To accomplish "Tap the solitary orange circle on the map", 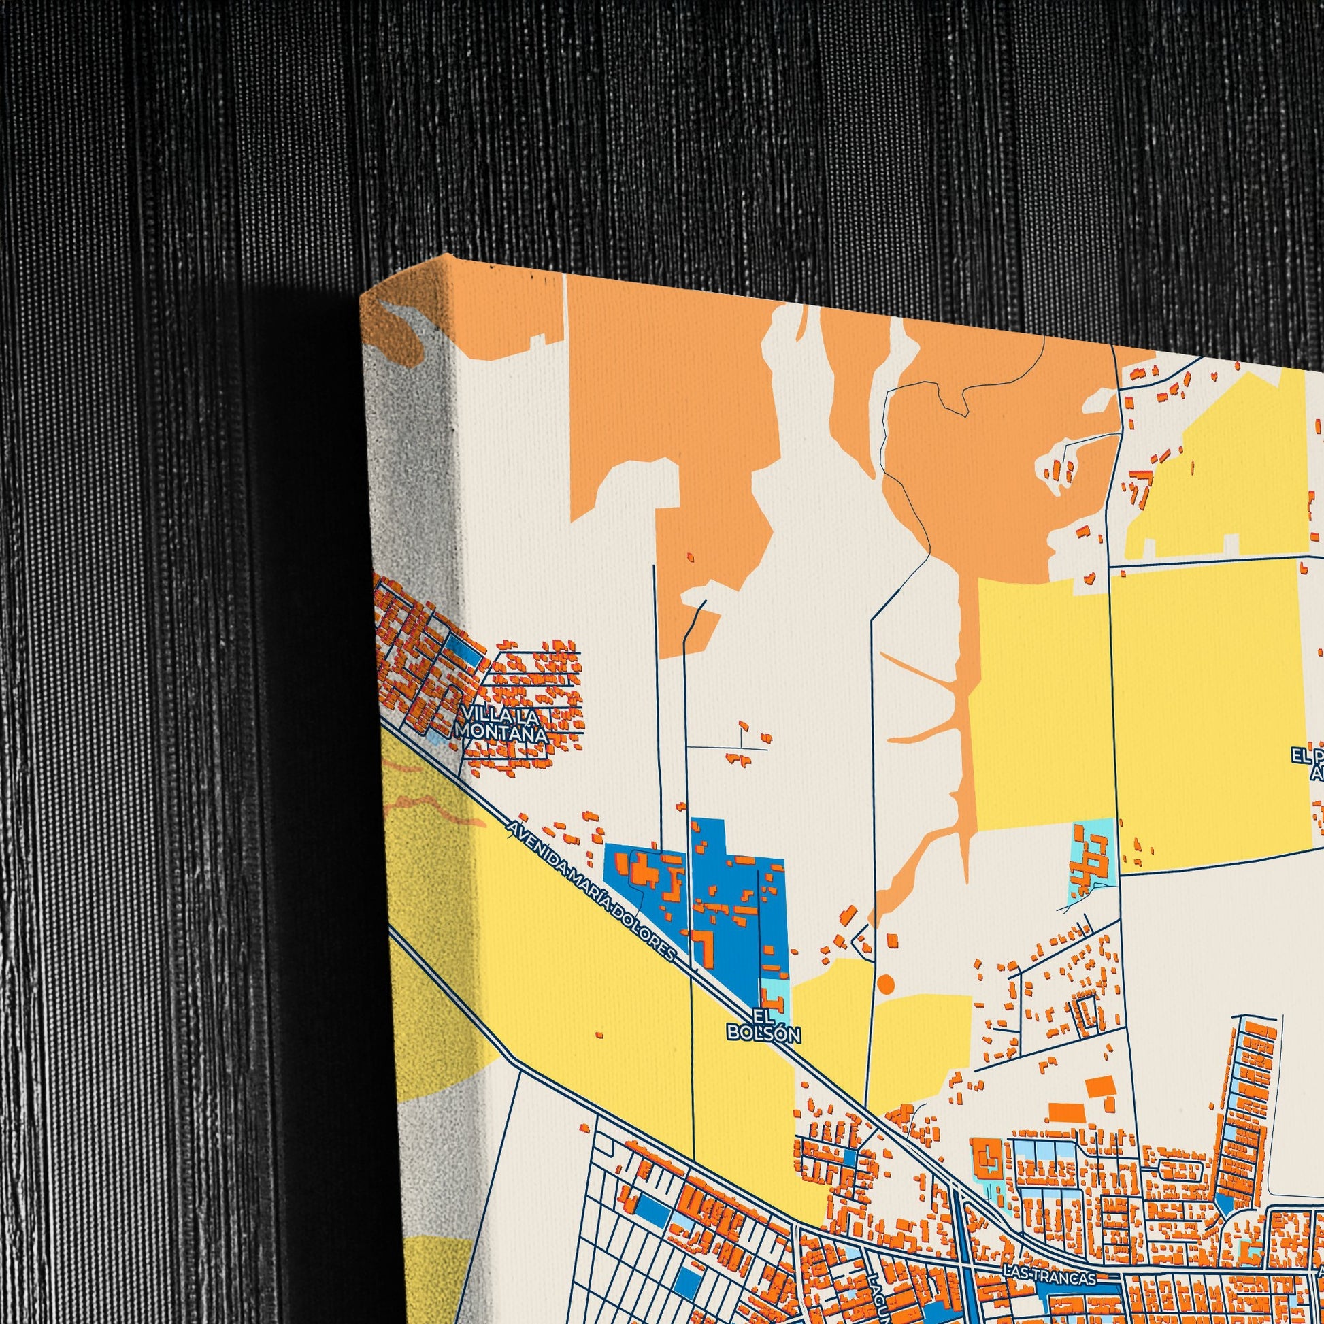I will [x=886, y=984].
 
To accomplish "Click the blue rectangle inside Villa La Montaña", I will [x=465, y=652].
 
